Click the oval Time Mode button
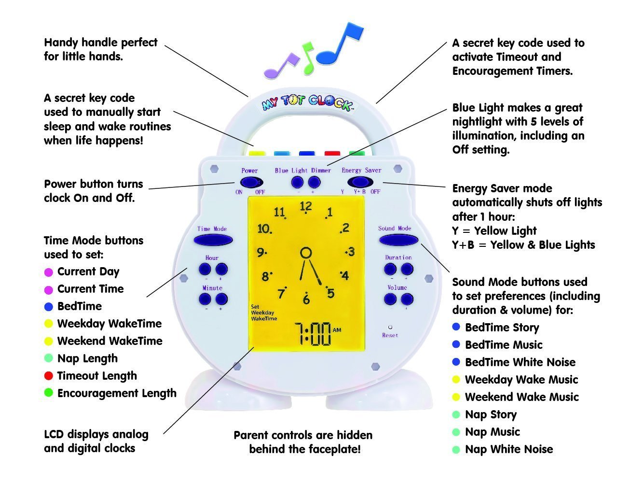point(213,240)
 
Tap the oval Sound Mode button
point(398,240)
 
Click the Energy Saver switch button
point(360,182)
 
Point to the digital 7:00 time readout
point(313,333)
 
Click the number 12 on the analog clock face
point(305,207)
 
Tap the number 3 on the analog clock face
point(351,252)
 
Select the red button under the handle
point(332,154)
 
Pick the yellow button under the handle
point(258,154)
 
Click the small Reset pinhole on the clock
point(390,327)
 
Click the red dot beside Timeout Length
point(48,376)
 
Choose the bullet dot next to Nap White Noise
point(456,450)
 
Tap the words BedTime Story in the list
point(502,328)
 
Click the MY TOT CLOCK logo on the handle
point(307,102)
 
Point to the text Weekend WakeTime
point(110,341)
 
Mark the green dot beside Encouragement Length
point(48,393)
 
